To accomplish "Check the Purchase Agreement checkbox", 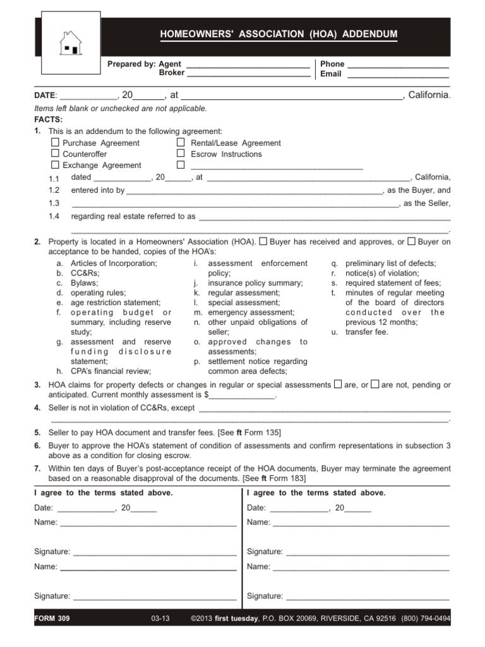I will (55, 143).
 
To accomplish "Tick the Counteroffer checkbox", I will (55, 154).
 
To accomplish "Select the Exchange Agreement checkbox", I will (55, 165).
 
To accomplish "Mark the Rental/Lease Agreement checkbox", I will (181, 143).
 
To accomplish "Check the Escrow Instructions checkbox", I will (181, 154).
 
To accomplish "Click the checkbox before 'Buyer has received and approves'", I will (264, 241).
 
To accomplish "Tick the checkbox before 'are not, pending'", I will (375, 384).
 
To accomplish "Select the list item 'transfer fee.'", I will (367, 332).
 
